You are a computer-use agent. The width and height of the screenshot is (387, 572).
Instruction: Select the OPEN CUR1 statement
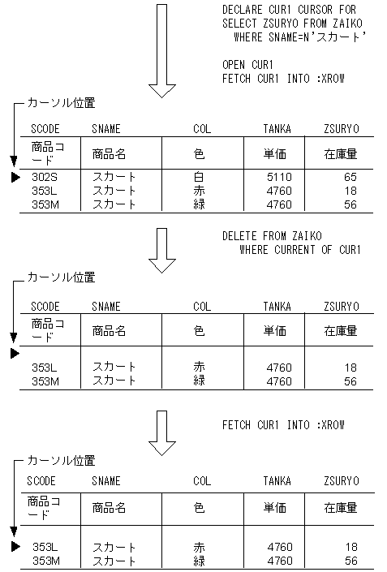click(x=248, y=64)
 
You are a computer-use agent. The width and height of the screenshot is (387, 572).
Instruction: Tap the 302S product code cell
click(x=45, y=177)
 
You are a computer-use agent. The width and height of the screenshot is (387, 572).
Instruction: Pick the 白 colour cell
click(x=199, y=177)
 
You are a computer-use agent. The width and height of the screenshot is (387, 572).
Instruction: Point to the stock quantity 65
click(x=350, y=177)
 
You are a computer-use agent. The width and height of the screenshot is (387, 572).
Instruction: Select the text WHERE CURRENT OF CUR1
click(x=299, y=249)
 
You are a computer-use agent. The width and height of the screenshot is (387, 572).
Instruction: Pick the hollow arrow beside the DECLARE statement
click(x=163, y=49)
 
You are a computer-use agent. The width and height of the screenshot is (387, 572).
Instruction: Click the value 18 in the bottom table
click(x=350, y=547)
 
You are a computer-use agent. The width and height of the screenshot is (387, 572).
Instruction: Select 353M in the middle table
click(x=45, y=381)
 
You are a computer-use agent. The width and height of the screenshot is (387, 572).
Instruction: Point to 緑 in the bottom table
click(x=199, y=560)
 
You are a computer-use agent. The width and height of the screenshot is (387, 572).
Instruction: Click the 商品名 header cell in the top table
click(x=109, y=153)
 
